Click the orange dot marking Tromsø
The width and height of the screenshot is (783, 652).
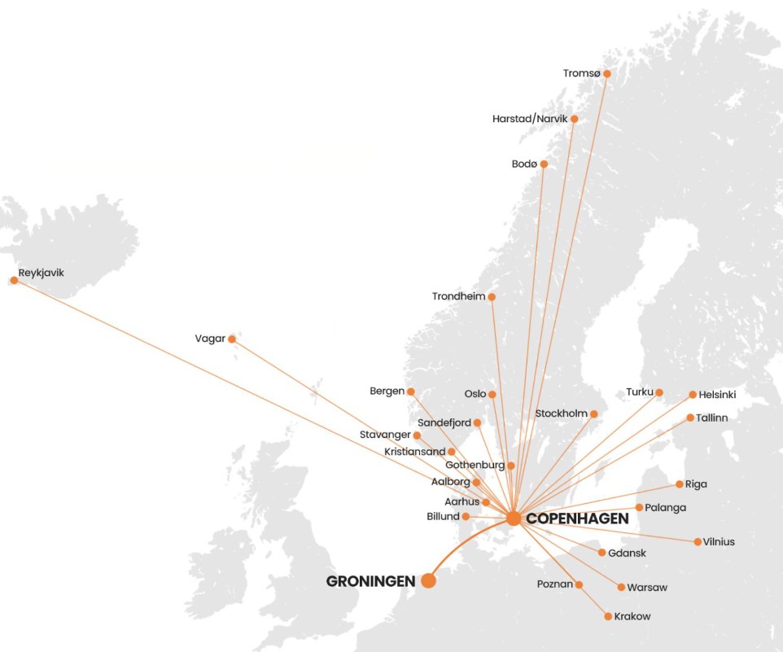click(x=606, y=73)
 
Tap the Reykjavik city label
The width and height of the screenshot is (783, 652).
click(x=41, y=273)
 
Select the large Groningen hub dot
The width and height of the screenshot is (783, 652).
click(x=428, y=580)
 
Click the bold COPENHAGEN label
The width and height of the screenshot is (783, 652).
click(x=578, y=519)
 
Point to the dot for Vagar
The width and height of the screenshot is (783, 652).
click(x=232, y=339)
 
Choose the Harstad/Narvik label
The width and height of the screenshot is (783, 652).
click(x=529, y=119)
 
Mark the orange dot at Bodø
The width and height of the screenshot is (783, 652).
click(x=544, y=164)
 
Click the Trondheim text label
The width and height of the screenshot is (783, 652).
click(x=458, y=296)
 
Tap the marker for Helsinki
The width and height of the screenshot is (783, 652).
click(x=693, y=395)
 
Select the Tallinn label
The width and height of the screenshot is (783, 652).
click(x=712, y=418)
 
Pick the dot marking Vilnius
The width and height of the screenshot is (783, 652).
click(x=698, y=541)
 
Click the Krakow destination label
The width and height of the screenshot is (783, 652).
click(x=632, y=616)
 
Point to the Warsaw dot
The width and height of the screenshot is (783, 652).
click(x=621, y=587)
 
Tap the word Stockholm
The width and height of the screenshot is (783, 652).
click(x=561, y=414)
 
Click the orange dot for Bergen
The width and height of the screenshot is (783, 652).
click(x=411, y=392)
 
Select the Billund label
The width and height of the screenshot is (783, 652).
click(x=443, y=516)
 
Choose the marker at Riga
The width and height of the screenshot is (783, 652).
click(x=680, y=484)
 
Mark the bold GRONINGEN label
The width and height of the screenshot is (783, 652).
click(x=370, y=581)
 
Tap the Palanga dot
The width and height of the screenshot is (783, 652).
click(x=639, y=507)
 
